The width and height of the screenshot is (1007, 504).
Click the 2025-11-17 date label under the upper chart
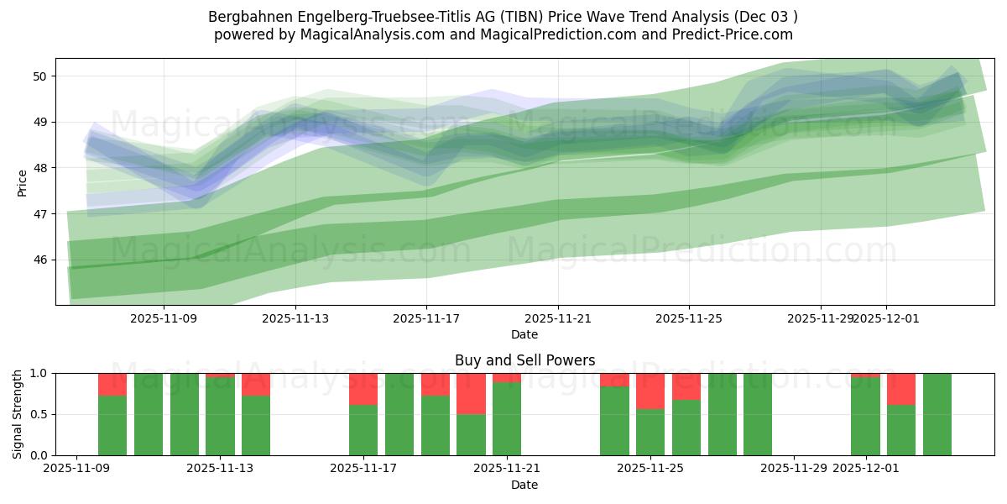tap(426, 318)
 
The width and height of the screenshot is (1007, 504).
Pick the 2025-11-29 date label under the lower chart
tap(794, 469)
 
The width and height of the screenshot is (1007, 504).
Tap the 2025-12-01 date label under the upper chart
tap(887, 318)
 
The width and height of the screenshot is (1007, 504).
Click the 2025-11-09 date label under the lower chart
tap(76, 469)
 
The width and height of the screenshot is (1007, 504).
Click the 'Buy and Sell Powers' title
tap(524, 360)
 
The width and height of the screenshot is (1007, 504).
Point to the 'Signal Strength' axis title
tap(18, 413)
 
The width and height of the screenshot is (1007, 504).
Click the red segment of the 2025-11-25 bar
tap(650, 391)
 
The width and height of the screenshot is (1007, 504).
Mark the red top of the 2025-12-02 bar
tap(901, 389)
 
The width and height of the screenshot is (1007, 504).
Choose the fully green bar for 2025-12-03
tap(937, 414)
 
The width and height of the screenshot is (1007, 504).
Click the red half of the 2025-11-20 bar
tap(471, 393)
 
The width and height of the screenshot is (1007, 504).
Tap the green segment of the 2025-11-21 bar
tap(507, 419)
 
